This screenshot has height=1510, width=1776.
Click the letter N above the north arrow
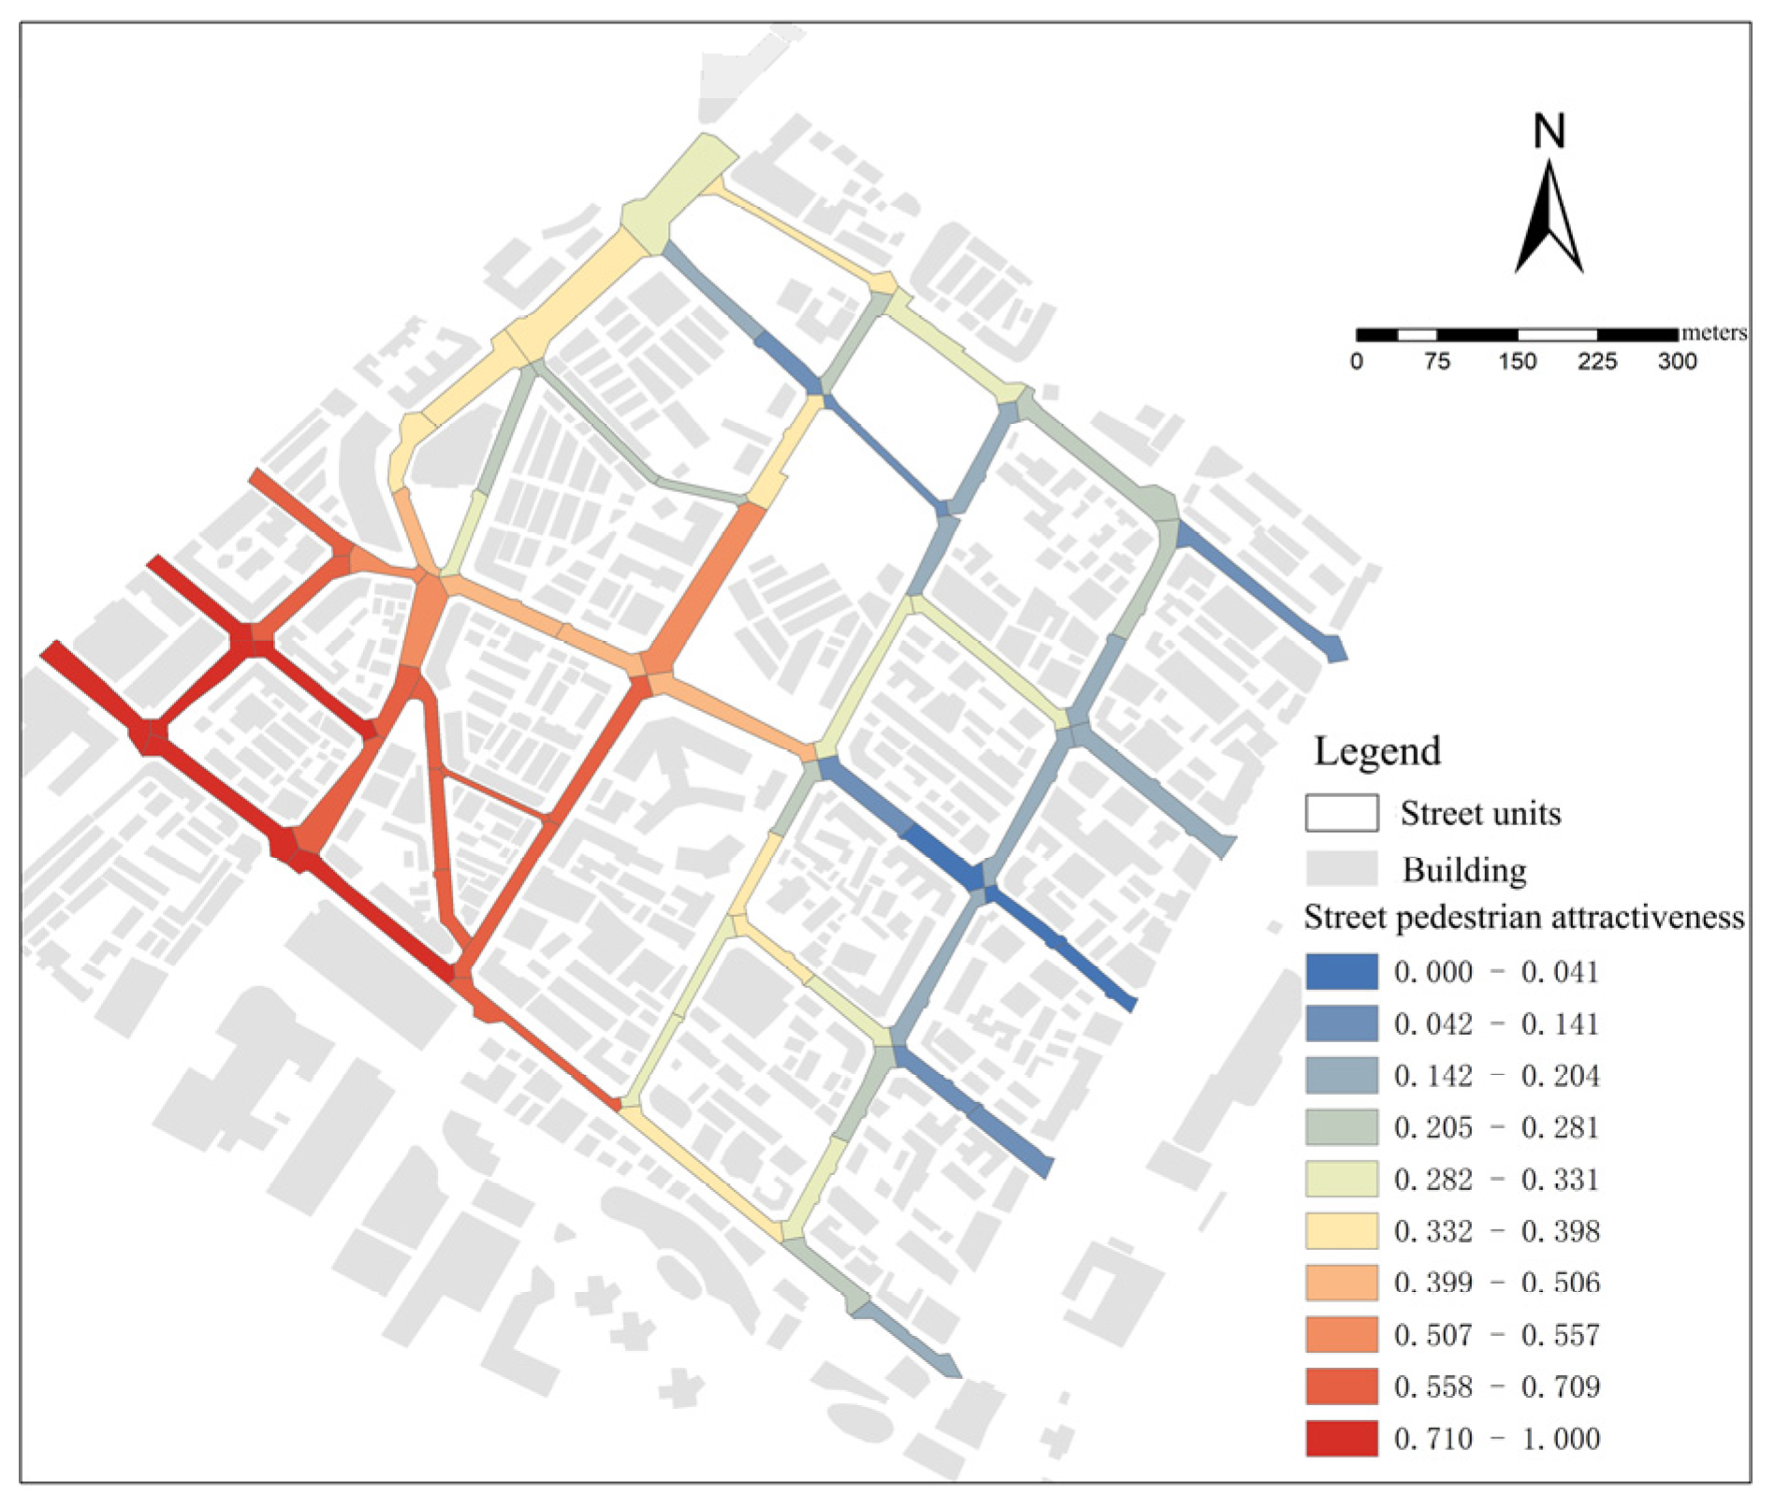pyautogui.click(x=1549, y=132)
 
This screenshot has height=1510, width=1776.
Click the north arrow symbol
pyautogui.click(x=1549, y=220)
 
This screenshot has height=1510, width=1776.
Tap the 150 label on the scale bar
pyautogui.click(x=1517, y=361)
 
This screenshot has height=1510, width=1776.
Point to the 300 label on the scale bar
pyautogui.click(x=1677, y=361)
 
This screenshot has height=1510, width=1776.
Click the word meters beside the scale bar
pyautogui.click(x=1713, y=333)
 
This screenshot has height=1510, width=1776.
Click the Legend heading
pyautogui.click(x=1377, y=751)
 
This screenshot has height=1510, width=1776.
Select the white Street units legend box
pyautogui.click(x=1342, y=813)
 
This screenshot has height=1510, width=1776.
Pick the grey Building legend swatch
pyautogui.click(x=1342, y=868)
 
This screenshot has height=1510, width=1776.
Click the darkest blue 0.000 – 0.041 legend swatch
pyautogui.click(x=1342, y=972)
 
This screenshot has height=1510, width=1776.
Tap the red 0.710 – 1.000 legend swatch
pyautogui.click(x=1342, y=1438)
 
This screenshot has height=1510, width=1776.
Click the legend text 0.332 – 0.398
pyautogui.click(x=1496, y=1231)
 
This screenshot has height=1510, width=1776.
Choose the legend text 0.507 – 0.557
pyautogui.click(x=1496, y=1334)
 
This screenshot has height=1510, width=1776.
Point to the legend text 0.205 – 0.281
pyautogui.click(x=1496, y=1127)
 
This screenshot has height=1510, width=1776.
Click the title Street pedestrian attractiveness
pyautogui.click(x=1523, y=918)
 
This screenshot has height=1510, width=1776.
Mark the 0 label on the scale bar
pyautogui.click(x=1357, y=361)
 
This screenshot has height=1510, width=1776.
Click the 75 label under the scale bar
pyautogui.click(x=1436, y=361)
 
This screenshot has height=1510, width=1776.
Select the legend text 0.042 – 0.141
pyautogui.click(x=1496, y=1024)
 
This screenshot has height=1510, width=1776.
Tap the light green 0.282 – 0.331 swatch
pyautogui.click(x=1342, y=1179)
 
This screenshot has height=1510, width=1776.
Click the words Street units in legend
pyautogui.click(x=1480, y=814)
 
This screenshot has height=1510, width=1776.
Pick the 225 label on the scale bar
pyautogui.click(x=1596, y=361)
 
